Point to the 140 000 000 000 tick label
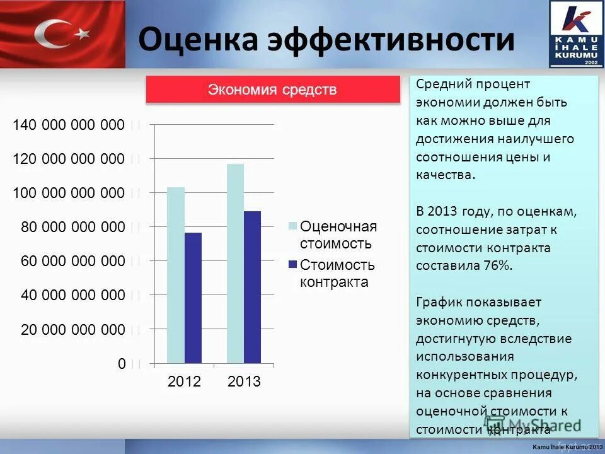tap(69, 125)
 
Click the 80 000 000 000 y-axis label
tap(72, 227)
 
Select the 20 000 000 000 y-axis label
tap(72, 330)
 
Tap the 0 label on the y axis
tap(121, 364)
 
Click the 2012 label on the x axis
tap(184, 382)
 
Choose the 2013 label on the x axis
tap(244, 382)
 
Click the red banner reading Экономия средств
tap(273, 90)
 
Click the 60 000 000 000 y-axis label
tap(72, 261)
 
